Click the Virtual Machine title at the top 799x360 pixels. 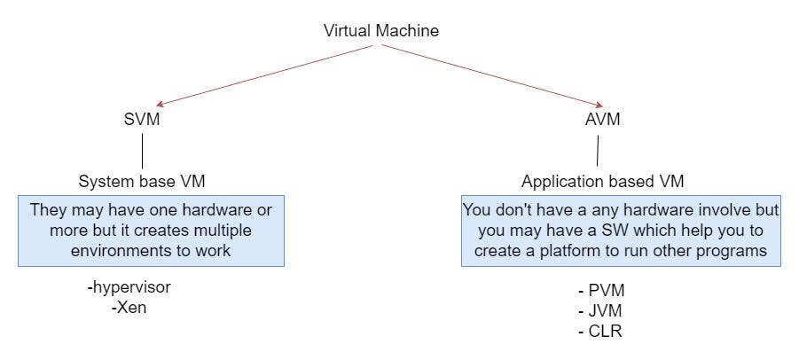pyautogui.click(x=381, y=31)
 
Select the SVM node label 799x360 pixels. pyautogui.click(x=142, y=120)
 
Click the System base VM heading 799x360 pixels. pyautogui.click(x=142, y=182)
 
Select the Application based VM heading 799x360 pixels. pyautogui.click(x=602, y=182)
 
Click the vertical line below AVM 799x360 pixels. pyautogui.click(x=598, y=152)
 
